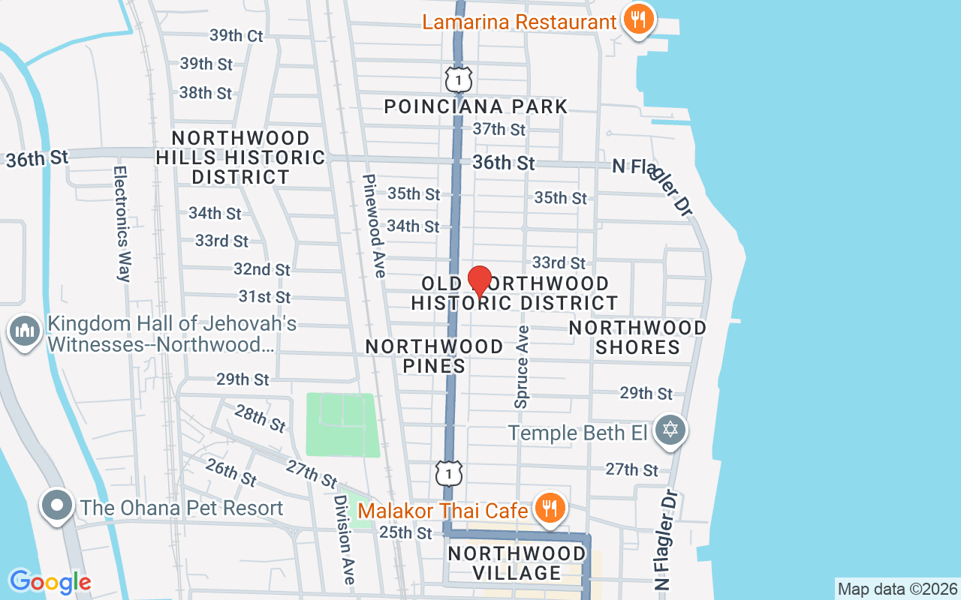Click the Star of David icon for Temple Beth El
[670, 430]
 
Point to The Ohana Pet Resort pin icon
[57, 506]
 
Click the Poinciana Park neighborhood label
[476, 106]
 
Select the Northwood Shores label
[637, 337]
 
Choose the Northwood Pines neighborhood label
[434, 355]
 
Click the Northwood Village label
[517, 563]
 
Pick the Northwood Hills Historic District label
[241, 157]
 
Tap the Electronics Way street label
[123, 223]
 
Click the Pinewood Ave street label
[373, 225]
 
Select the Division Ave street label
[344, 538]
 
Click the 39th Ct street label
[236, 35]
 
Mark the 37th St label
[499, 129]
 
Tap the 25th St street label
[405, 532]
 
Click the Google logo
[50, 581]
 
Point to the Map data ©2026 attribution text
[898, 589]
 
